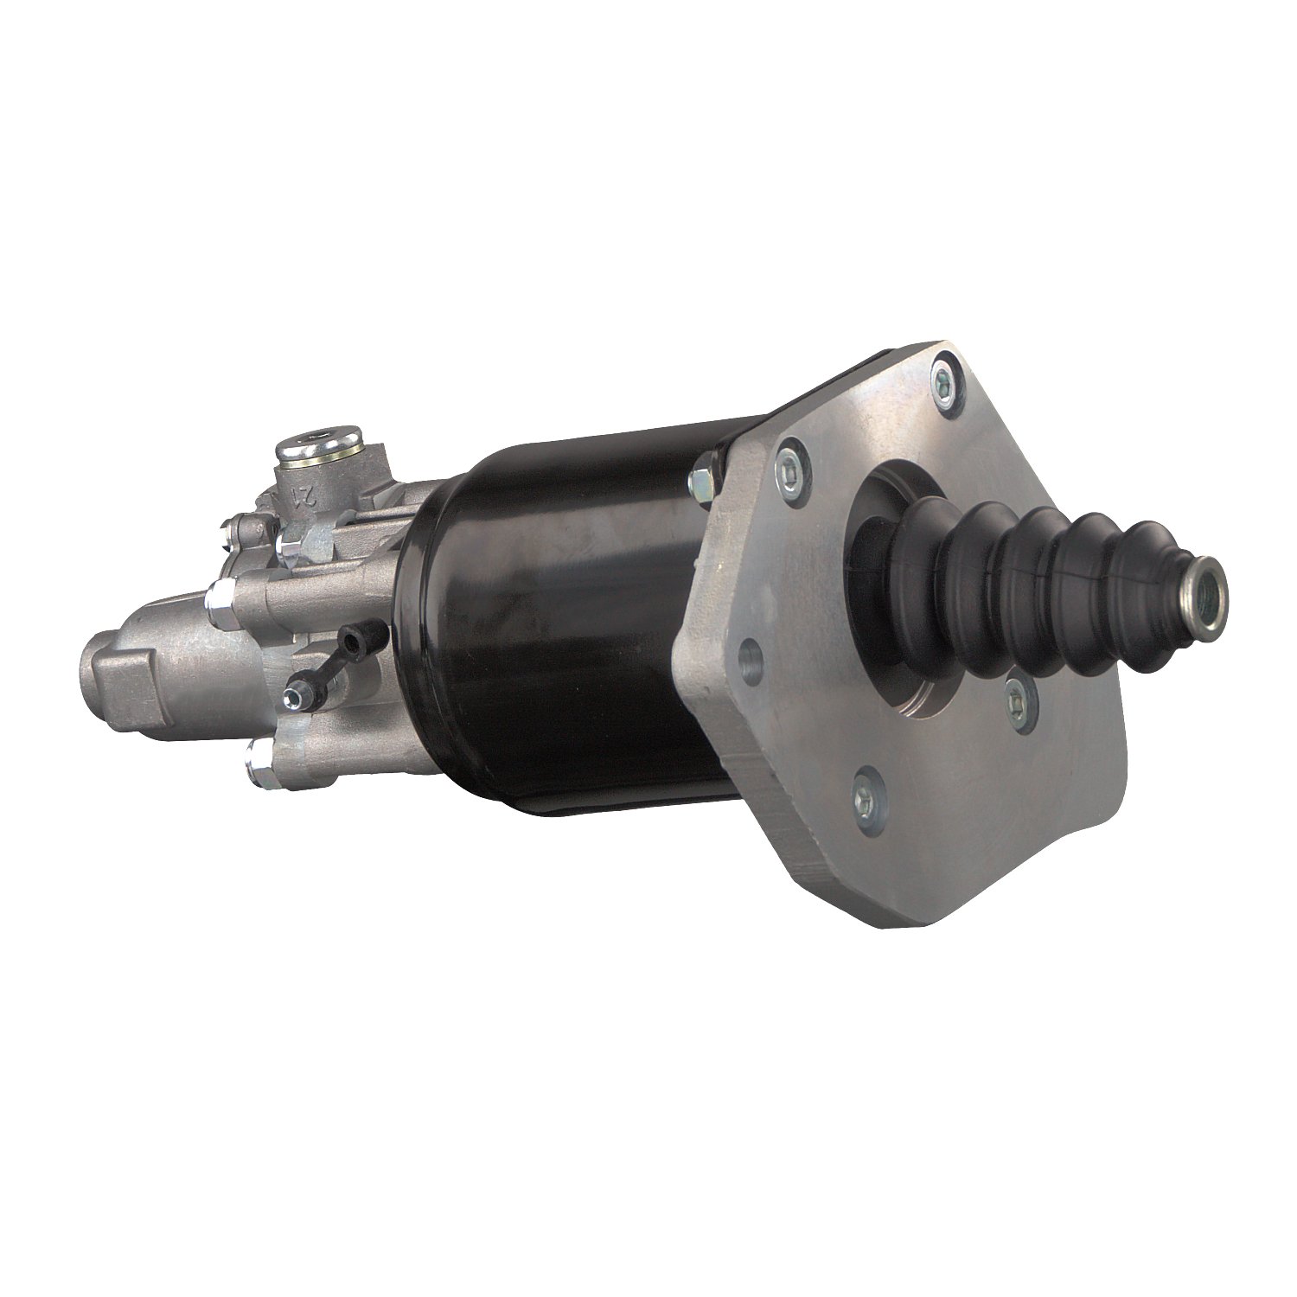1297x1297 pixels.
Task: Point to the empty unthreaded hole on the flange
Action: pyautogui.click(x=751, y=661)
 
